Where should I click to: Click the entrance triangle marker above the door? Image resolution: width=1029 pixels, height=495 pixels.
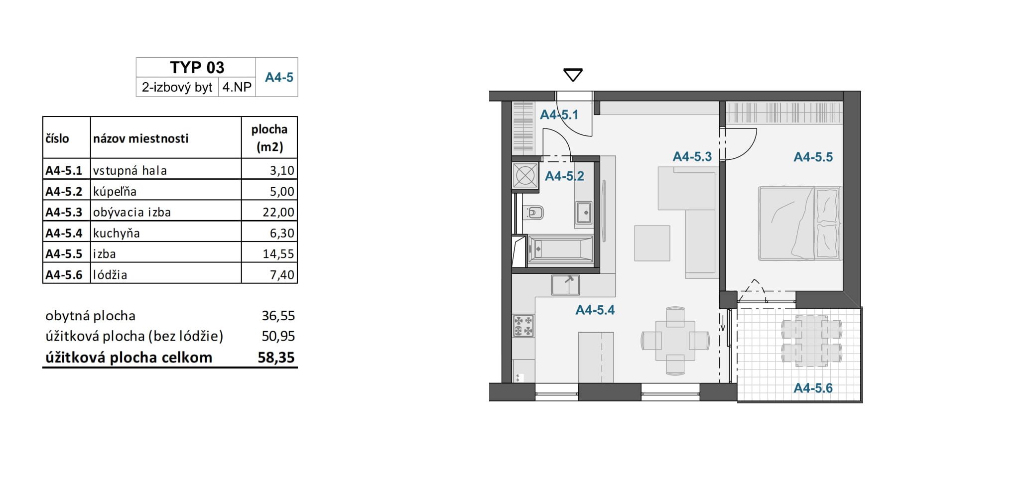[x=573, y=75]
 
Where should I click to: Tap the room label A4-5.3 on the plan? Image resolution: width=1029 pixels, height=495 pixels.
[x=692, y=157]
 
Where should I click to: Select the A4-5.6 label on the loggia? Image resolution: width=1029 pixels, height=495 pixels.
[x=813, y=388]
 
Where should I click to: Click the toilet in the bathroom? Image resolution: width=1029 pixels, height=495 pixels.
[x=534, y=213]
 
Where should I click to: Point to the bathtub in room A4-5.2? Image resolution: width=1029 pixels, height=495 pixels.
[x=560, y=248]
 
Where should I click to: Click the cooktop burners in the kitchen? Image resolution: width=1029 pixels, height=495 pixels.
[x=523, y=326]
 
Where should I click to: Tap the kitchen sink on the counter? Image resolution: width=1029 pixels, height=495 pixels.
[x=565, y=285]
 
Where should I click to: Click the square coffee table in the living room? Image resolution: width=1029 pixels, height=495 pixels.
[x=652, y=243]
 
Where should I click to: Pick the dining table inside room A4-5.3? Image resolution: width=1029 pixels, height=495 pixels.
[x=675, y=341]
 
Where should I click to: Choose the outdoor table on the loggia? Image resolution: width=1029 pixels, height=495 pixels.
[x=811, y=341]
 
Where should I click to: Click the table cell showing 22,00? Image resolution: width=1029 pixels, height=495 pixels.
[x=269, y=212]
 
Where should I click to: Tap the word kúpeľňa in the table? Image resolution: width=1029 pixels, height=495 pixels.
[x=115, y=192]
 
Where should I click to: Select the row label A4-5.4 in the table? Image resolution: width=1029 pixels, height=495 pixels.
[x=64, y=233]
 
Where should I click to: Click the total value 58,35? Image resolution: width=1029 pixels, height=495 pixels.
[x=276, y=358]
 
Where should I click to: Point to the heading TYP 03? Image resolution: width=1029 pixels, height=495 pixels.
[x=197, y=67]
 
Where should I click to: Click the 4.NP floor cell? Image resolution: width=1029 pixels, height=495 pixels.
[x=237, y=87]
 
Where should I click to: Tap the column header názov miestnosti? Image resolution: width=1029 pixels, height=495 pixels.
[x=141, y=138]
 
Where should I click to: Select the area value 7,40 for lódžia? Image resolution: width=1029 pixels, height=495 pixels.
[x=282, y=275]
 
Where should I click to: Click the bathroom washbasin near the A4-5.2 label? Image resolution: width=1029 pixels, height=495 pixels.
[x=584, y=213]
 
